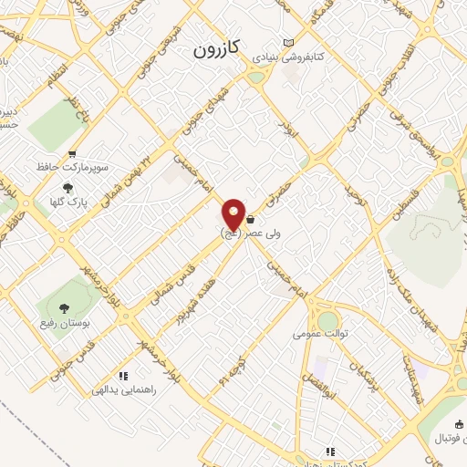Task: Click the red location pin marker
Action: [x=234, y=215]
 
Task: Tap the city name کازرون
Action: [x=215, y=52]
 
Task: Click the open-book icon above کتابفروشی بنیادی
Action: [x=289, y=43]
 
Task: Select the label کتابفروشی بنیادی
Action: [x=288, y=57]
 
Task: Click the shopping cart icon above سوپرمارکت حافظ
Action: [x=72, y=154]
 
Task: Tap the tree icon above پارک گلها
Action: [x=67, y=188]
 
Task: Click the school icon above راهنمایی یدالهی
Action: [x=123, y=375]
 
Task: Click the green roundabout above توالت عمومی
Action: [x=327, y=320]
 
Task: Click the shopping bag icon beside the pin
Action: [x=250, y=220]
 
